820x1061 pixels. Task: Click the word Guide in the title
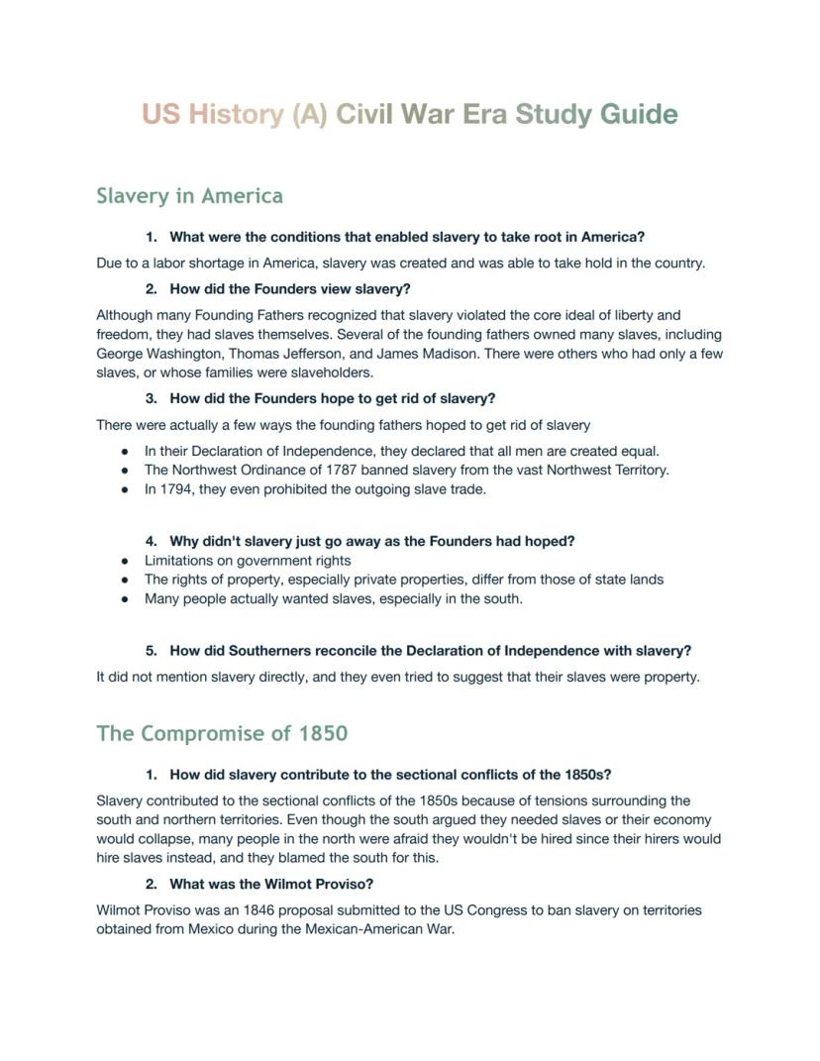coord(639,114)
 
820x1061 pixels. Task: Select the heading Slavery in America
coord(189,195)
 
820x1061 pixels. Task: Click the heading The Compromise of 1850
coord(222,734)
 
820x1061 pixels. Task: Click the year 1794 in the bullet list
coord(177,488)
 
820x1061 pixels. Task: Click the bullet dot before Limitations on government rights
coord(125,561)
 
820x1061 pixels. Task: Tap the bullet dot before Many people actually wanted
coord(125,599)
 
